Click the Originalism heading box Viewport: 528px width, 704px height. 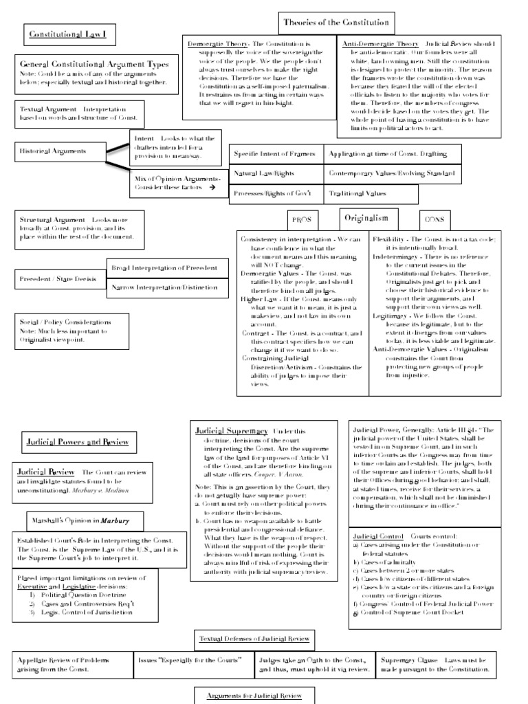368,217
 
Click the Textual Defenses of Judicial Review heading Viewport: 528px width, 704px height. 254,639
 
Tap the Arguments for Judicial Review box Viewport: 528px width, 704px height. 254,696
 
